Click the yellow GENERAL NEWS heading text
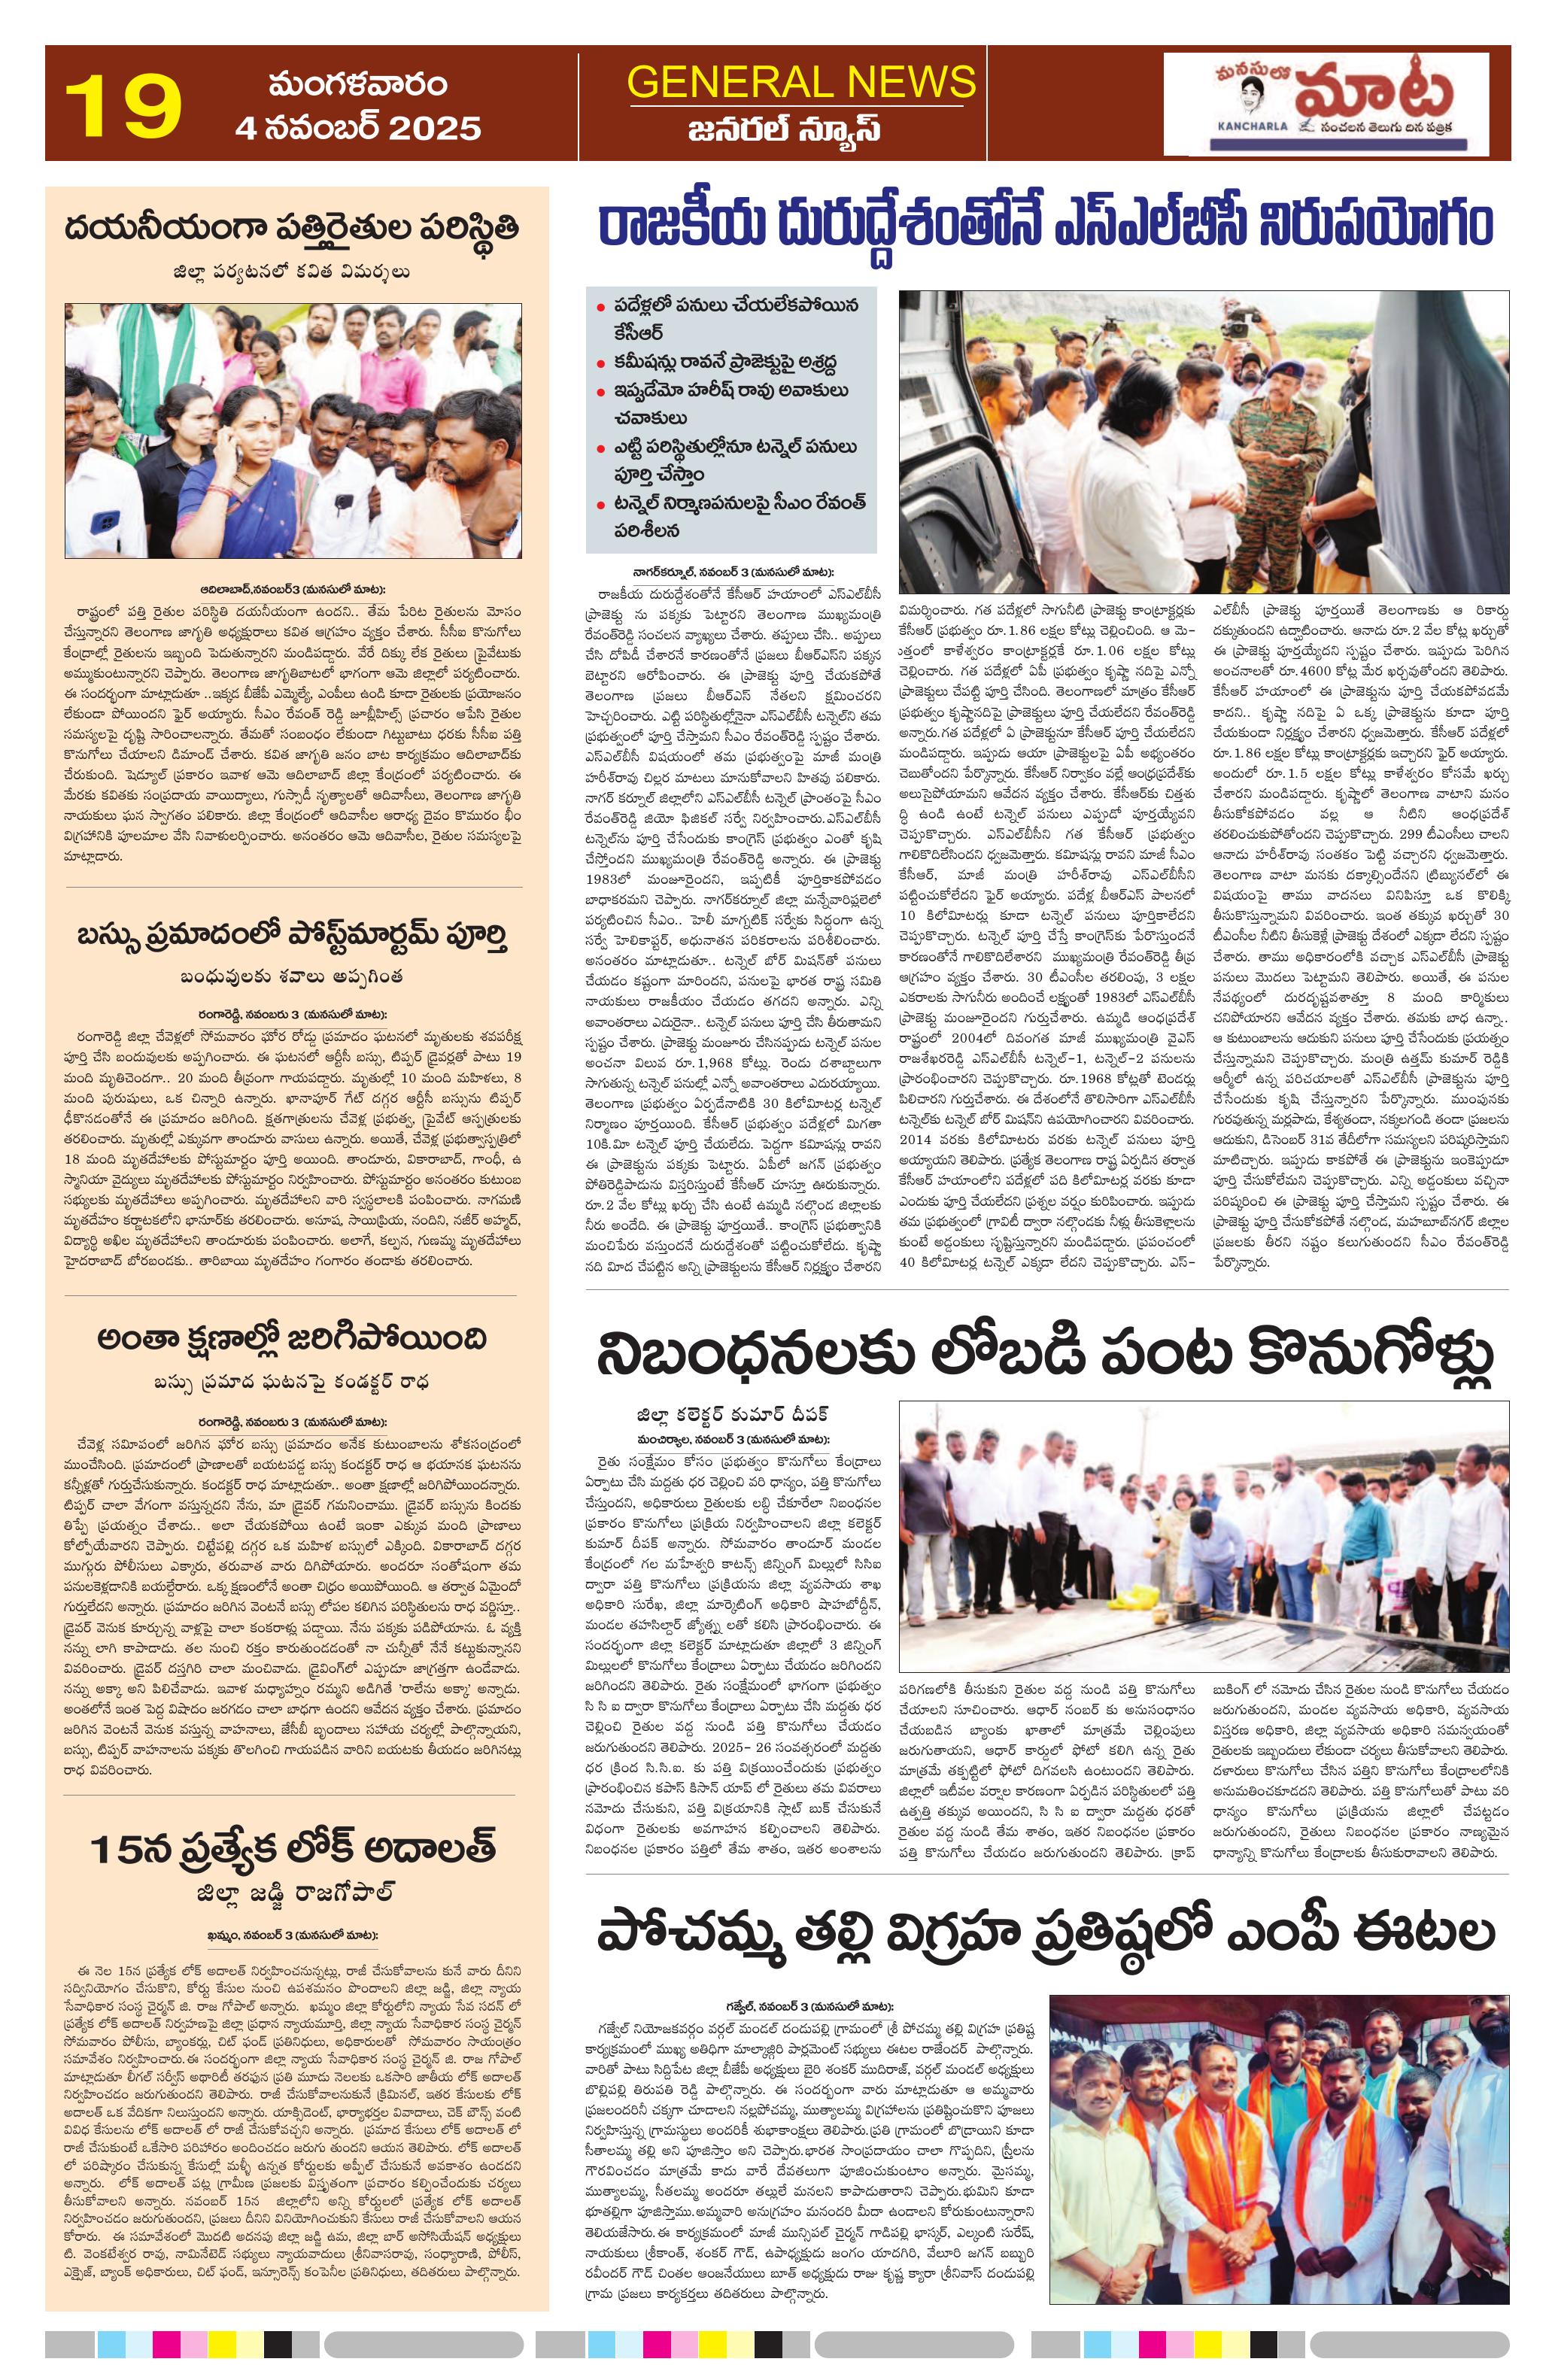click(801, 81)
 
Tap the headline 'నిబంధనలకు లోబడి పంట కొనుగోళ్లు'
click(1046, 1355)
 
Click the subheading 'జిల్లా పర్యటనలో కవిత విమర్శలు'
click(293, 272)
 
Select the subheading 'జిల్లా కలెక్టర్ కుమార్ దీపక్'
click(732, 1416)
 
